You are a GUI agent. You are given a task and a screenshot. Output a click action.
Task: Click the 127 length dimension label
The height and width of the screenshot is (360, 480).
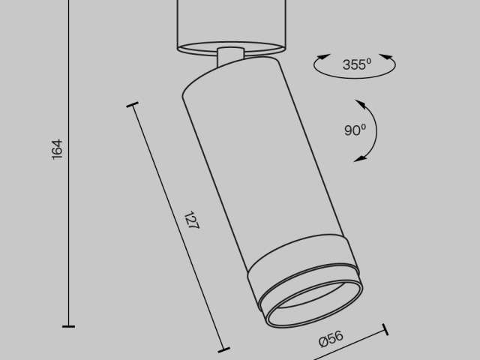coord(193,222)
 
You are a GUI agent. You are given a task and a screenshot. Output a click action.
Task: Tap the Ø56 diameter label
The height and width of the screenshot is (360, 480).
coord(331,339)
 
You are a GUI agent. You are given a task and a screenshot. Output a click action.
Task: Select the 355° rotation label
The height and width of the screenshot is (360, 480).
coord(357,64)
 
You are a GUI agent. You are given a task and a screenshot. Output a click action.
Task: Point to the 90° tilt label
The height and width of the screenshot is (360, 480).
coord(355,130)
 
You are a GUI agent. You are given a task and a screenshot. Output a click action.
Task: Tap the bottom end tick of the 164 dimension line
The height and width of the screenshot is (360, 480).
coord(68,326)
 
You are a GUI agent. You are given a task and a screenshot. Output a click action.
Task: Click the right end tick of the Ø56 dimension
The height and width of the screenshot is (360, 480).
coord(386,329)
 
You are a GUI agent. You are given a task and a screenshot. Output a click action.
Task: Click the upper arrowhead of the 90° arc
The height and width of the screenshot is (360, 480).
coord(358,103)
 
